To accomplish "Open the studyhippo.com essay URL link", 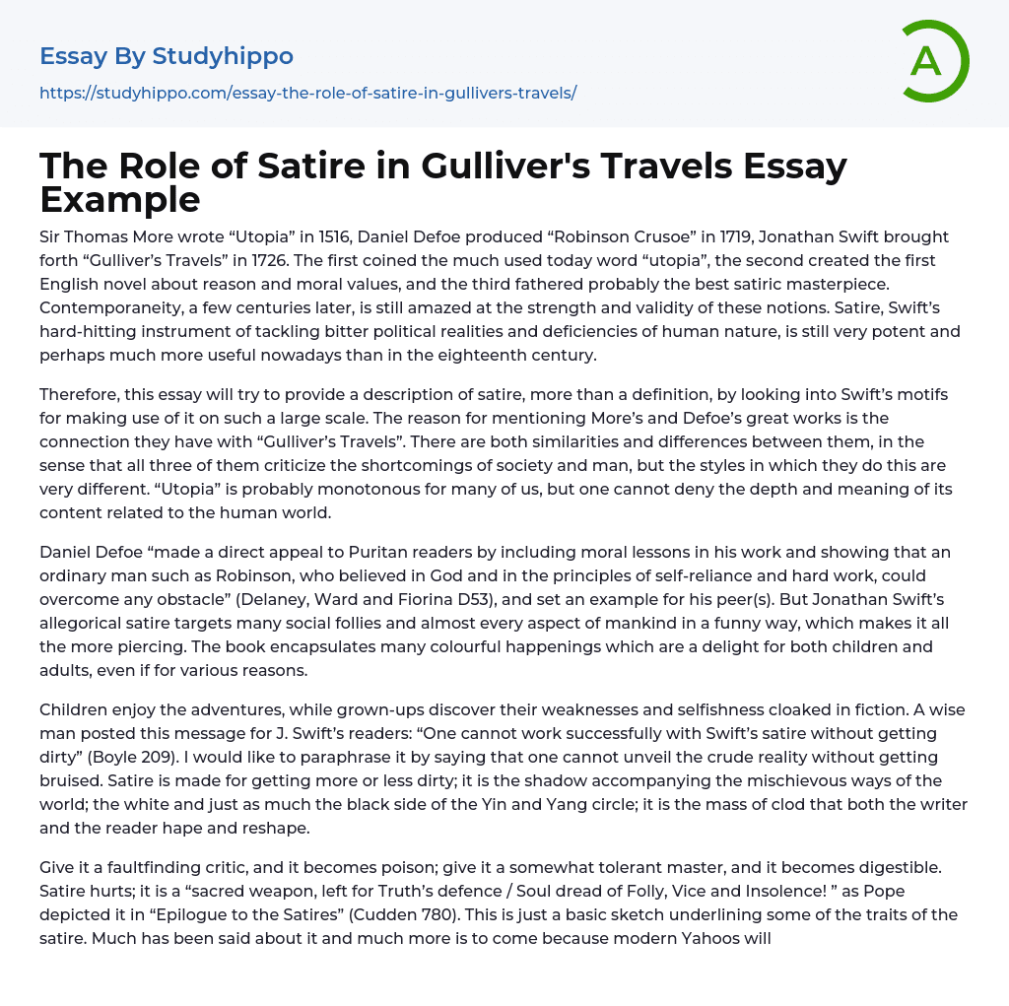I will (307, 93).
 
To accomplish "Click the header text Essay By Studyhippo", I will (167, 56).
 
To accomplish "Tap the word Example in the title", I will (119, 199).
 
